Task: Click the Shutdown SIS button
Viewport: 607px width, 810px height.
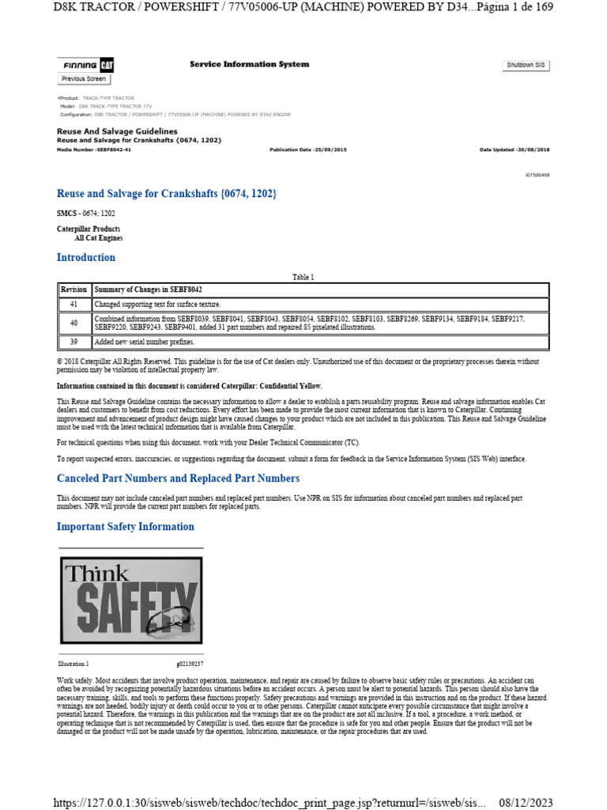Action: [x=526, y=66]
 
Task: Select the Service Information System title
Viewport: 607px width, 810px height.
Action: [x=250, y=64]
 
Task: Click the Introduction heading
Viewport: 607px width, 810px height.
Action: [x=86, y=257]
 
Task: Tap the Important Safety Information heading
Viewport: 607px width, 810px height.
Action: [x=126, y=526]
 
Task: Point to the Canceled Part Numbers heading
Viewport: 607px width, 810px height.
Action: [x=179, y=478]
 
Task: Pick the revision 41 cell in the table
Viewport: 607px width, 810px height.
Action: [x=74, y=304]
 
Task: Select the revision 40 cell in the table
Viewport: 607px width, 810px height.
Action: [x=74, y=323]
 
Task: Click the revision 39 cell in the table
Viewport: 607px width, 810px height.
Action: [x=74, y=342]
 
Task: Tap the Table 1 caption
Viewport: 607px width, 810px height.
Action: [x=303, y=277]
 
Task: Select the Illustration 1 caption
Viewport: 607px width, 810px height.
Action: [x=74, y=664]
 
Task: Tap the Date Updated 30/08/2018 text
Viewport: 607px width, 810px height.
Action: [x=515, y=149]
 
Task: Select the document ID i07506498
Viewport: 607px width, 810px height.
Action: [x=537, y=174]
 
